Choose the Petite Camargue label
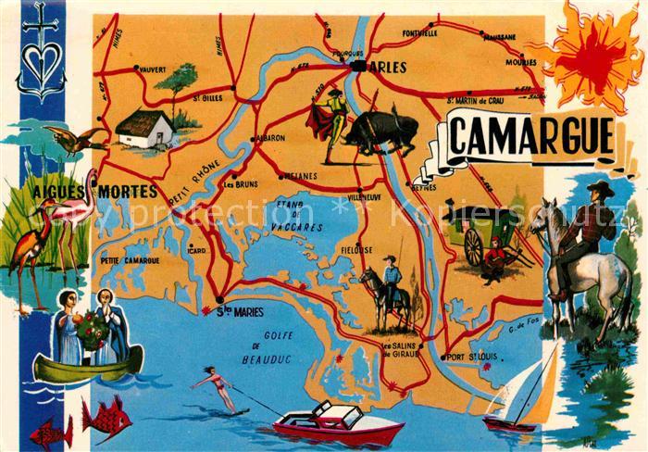point(130,260)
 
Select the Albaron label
point(269,138)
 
